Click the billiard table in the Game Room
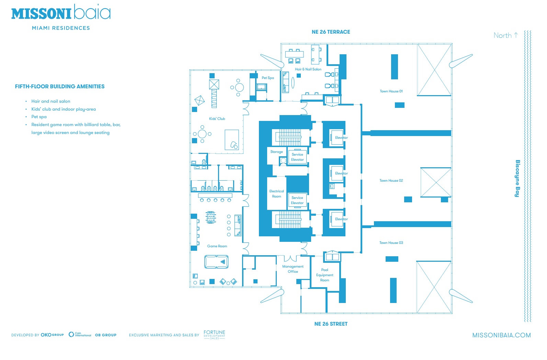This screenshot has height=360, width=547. [x=216, y=262]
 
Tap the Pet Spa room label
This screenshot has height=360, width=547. [x=268, y=78]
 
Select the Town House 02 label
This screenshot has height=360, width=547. [x=391, y=181]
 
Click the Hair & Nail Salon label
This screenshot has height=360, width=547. [x=308, y=69]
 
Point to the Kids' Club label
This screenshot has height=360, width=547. [x=217, y=119]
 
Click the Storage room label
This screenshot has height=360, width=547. [x=276, y=152]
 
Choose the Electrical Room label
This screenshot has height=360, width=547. [x=276, y=194]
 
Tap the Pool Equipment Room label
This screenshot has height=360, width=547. [x=324, y=275]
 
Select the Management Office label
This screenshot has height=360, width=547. [x=293, y=269]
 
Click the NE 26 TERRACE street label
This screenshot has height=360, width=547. [x=331, y=32]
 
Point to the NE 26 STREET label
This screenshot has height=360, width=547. [x=331, y=324]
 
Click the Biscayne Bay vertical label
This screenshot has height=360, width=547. [x=517, y=178]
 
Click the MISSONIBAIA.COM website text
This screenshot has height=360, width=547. [x=501, y=335]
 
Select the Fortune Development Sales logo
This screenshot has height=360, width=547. [x=214, y=335]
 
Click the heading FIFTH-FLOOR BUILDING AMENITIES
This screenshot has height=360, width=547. [x=60, y=87]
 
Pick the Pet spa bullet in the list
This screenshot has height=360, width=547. [x=39, y=117]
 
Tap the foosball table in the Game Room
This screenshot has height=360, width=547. [x=211, y=217]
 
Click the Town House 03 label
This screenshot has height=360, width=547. [x=391, y=243]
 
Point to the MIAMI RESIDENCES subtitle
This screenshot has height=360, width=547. [x=61, y=28]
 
